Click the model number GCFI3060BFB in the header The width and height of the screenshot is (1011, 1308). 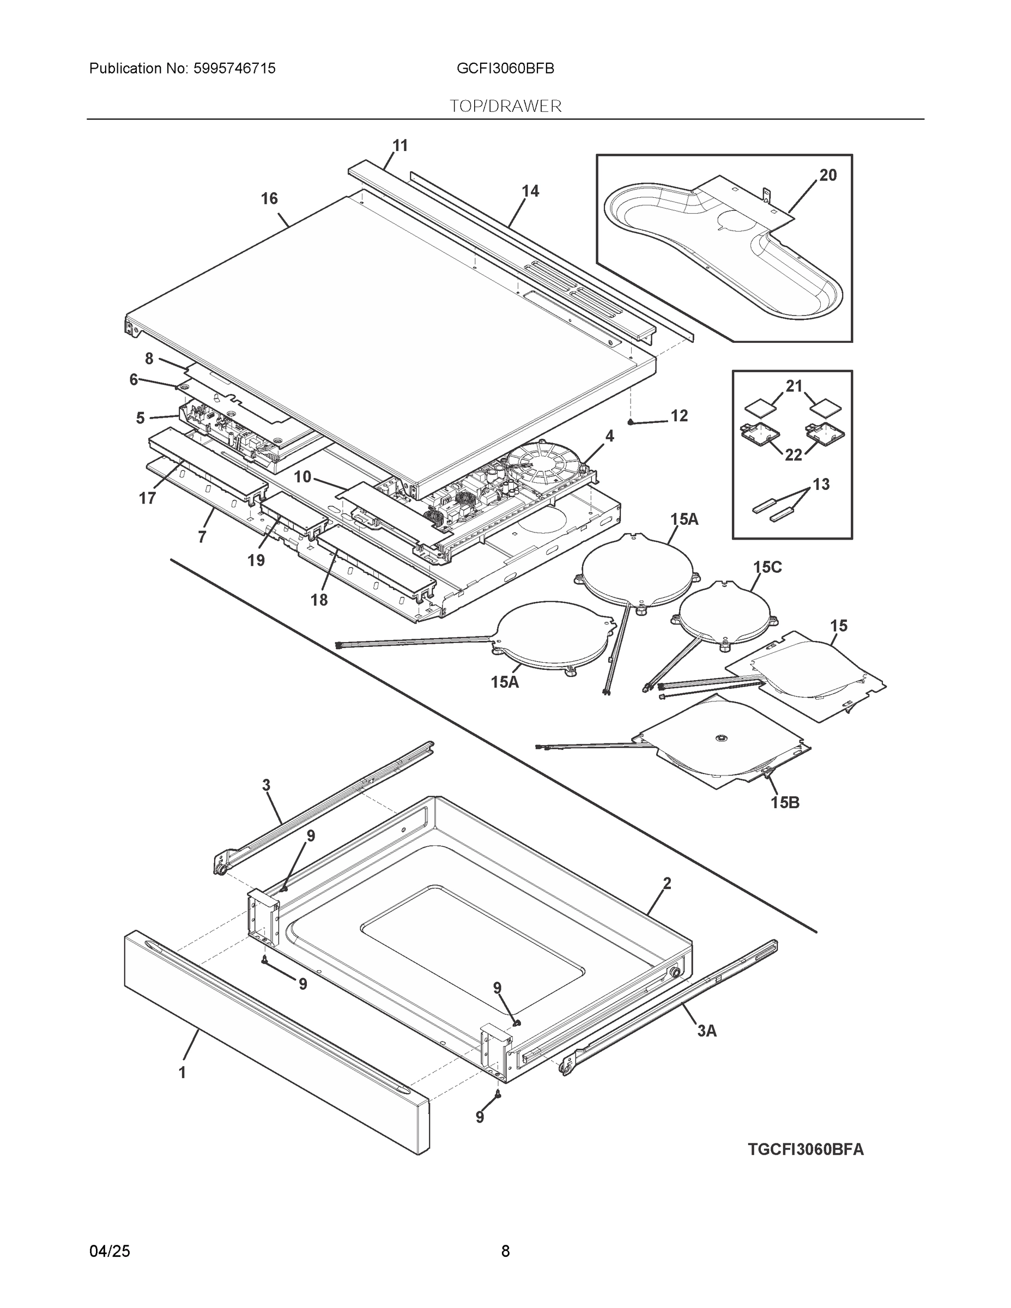tap(505, 69)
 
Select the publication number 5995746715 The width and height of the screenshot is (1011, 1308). tap(234, 69)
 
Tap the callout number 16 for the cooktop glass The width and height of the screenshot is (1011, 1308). tap(269, 199)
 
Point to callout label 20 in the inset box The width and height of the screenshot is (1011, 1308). tap(828, 175)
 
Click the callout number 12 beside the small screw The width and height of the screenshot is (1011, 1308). tap(679, 416)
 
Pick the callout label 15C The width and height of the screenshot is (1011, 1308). tap(767, 567)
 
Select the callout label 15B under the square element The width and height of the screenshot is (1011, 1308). tap(785, 803)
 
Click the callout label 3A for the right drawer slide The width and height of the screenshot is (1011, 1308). tap(707, 1031)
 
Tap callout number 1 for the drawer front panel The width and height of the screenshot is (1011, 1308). tap(182, 1073)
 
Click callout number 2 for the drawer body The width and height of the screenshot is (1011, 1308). tap(667, 884)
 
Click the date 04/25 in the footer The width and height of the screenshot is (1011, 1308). tap(110, 1251)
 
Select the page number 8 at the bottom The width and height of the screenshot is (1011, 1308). tap(506, 1251)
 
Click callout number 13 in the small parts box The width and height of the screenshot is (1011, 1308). tap(821, 485)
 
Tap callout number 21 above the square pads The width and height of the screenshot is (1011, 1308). tap(794, 387)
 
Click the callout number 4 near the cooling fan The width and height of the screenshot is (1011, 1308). tap(609, 437)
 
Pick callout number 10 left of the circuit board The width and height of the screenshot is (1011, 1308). tap(302, 477)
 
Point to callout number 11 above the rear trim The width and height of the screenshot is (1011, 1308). tap(399, 146)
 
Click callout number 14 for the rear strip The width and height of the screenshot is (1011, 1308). tap(530, 191)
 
